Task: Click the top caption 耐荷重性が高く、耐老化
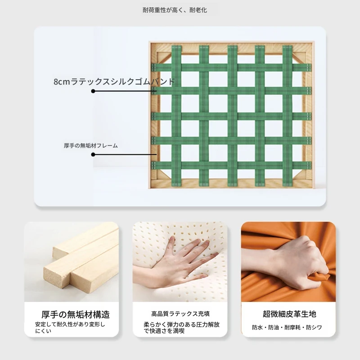pos(175,10)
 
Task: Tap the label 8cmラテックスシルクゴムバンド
pos(114,81)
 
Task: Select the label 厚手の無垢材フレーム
pos(91,145)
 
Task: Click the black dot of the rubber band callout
pos(93,91)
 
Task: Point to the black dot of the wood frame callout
pos(93,154)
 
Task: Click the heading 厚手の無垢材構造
pos(76,314)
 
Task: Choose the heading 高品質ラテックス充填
pos(180,314)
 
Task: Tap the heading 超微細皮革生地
pos(289,314)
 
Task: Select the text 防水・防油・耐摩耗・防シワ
pos(287,328)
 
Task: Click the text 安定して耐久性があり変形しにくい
pos(70,328)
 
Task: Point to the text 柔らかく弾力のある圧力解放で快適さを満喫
pos(181,328)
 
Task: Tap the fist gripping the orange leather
pos(298,262)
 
